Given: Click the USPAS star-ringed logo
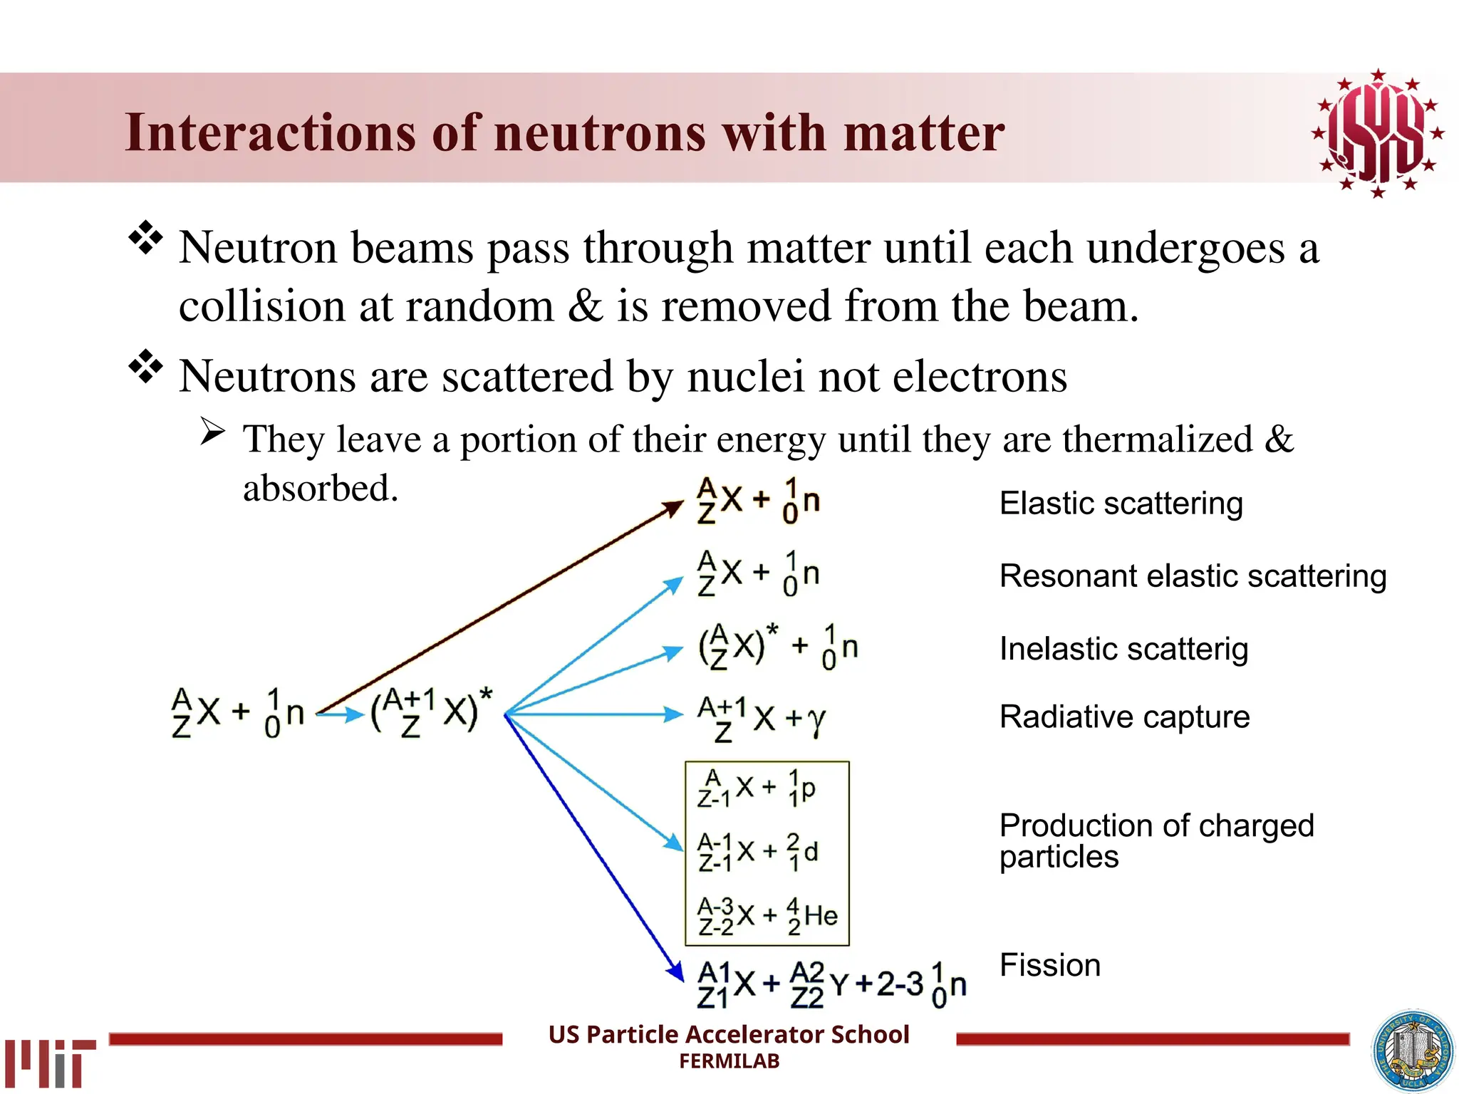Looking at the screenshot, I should [1378, 133].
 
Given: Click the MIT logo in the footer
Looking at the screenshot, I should [50, 1062].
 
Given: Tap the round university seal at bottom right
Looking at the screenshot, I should [1413, 1051].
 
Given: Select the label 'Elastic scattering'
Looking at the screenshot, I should [1121, 504].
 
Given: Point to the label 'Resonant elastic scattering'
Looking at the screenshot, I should [1193, 576].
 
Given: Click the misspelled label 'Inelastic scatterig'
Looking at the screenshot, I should [1123, 649].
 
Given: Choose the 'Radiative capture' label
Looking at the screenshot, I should [1124, 717].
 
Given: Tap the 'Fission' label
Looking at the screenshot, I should [1049, 966].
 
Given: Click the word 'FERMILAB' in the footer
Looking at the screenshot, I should [729, 1061].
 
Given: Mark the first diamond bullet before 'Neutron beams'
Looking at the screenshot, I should [146, 239].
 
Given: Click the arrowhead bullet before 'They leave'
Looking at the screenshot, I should [212, 432].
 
